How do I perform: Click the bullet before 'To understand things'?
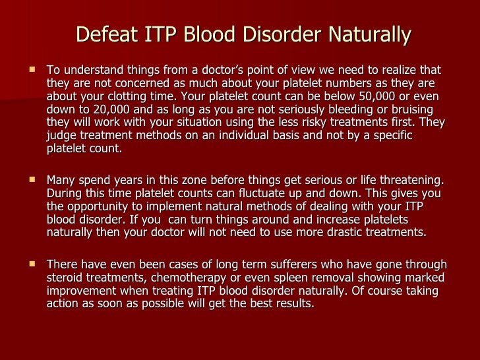[x=32, y=71]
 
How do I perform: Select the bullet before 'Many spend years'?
[x=32, y=181]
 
